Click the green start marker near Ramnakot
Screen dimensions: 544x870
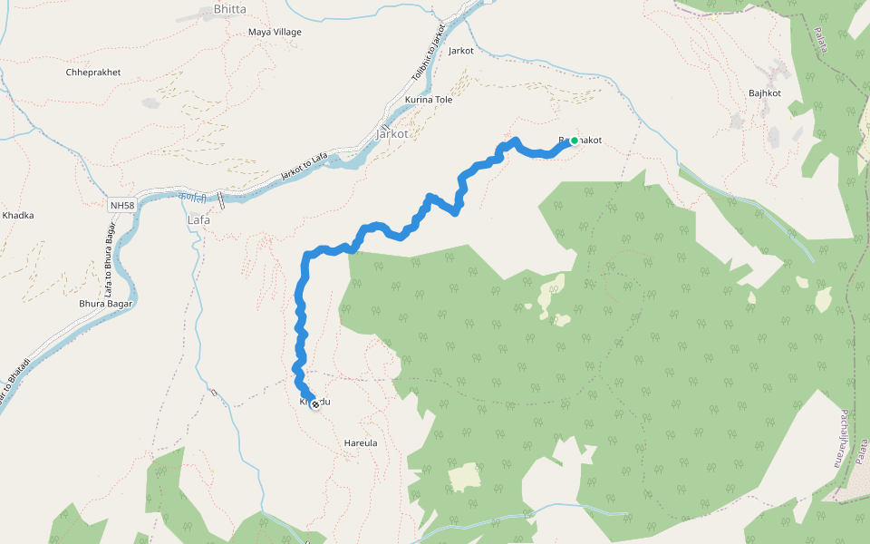coord(574,141)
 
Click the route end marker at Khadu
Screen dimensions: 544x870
coord(314,404)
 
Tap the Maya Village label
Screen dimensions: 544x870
coord(275,33)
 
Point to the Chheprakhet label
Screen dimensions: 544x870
coord(93,73)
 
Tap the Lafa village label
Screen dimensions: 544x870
coord(198,220)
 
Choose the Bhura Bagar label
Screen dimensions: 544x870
coord(106,304)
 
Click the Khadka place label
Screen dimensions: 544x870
coord(18,216)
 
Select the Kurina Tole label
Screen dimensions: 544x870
coord(429,100)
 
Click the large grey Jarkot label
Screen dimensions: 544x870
coord(392,133)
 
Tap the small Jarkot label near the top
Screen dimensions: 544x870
coord(460,51)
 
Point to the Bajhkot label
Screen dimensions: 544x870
coord(765,93)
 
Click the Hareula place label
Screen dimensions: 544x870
coord(361,443)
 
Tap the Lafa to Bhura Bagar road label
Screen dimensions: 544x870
coord(108,263)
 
